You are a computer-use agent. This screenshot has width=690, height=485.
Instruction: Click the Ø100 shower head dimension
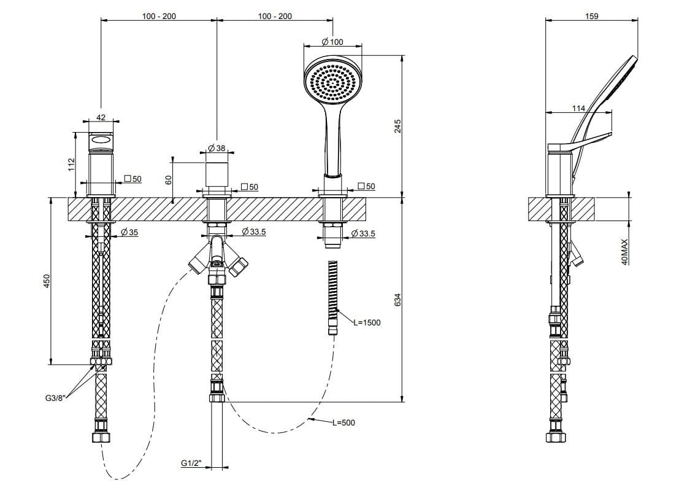[x=332, y=42]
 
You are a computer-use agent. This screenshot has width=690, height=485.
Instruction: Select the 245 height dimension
[x=397, y=126]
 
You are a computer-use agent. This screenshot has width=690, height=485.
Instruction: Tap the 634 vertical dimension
[x=397, y=300]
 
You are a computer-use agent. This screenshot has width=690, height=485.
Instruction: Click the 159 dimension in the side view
[x=592, y=16]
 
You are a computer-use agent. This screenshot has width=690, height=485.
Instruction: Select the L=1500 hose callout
[x=366, y=322]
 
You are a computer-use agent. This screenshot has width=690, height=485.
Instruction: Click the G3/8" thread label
[x=56, y=398]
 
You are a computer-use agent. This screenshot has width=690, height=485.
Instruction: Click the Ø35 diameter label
[x=129, y=232]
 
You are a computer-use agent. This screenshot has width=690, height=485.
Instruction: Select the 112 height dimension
[x=71, y=164]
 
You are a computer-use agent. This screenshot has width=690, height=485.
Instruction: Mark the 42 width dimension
[x=101, y=117]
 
